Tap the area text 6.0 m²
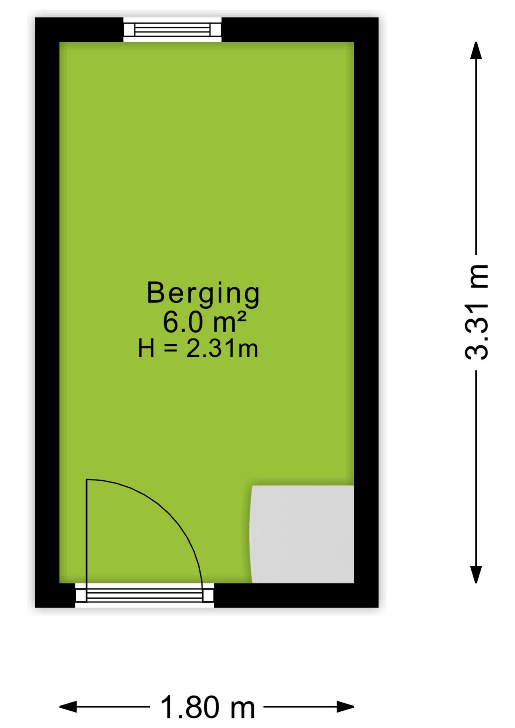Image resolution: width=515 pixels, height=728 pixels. click(205, 322)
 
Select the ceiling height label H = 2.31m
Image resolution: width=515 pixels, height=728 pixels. click(198, 348)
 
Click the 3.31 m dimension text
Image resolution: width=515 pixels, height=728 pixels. click(476, 311)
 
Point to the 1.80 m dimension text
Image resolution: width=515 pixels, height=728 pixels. click(207, 707)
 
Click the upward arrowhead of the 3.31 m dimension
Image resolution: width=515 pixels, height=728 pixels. click(476, 50)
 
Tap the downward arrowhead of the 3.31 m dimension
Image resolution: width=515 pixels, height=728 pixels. click(476, 574)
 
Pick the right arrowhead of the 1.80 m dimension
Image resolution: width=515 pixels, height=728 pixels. click(345, 707)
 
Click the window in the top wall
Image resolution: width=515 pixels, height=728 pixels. click(173, 30)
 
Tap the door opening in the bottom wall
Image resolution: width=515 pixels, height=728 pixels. click(144, 595)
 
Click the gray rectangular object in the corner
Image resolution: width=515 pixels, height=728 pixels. click(302, 534)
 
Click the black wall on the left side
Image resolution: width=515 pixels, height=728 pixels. click(47, 312)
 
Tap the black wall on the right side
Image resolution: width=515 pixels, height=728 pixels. click(366, 312)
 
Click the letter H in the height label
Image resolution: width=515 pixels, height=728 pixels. click(146, 348)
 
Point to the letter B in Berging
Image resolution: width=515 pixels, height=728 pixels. click(155, 292)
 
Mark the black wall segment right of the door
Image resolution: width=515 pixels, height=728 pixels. click(296, 595)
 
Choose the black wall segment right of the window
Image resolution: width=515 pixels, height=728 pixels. click(300, 30)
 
